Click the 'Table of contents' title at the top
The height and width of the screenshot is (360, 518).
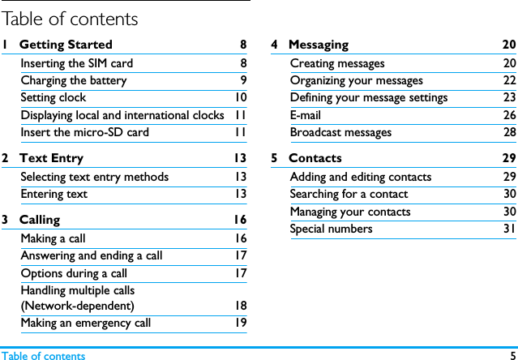tap(70, 18)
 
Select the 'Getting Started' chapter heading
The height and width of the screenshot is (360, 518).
tap(66, 45)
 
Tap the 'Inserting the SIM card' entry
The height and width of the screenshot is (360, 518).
tap(77, 63)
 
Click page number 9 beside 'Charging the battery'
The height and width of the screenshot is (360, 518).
tap(243, 80)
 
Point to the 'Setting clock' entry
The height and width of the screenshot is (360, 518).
tap(54, 97)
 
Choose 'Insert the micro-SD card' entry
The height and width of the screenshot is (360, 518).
tap(85, 132)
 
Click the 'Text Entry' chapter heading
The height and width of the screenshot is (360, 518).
tap(51, 158)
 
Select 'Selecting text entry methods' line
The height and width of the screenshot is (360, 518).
tap(95, 177)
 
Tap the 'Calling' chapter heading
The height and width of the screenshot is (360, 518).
tap(40, 220)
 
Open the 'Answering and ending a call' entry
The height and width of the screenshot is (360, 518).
tap(92, 255)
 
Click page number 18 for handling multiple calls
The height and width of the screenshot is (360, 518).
tap(241, 306)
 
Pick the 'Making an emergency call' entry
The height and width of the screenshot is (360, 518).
tap(86, 323)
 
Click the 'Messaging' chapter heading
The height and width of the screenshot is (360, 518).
tap(319, 45)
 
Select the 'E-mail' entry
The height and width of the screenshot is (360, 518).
tap(306, 115)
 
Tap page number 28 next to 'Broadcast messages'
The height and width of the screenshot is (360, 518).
tap(509, 132)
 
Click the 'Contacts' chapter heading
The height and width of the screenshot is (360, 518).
tap(315, 158)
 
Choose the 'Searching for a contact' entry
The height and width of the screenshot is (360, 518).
tap(349, 194)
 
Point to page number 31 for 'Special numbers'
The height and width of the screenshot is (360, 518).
tap(509, 229)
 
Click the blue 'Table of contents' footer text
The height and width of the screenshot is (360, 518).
tap(43, 355)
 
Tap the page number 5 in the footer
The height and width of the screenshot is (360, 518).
tap(512, 355)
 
